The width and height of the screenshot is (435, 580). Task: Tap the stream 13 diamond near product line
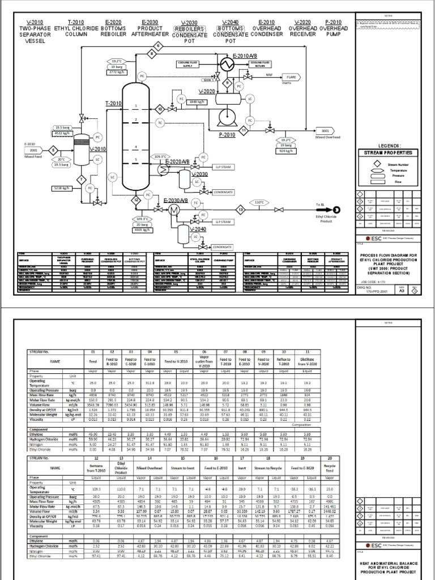pos(240,209)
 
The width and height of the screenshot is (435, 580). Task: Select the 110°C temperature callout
pos(259,202)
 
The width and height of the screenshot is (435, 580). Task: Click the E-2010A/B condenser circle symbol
pos(228,66)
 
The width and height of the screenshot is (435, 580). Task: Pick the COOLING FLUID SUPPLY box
pos(190,64)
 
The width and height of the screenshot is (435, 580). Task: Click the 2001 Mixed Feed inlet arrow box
pos(33,150)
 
